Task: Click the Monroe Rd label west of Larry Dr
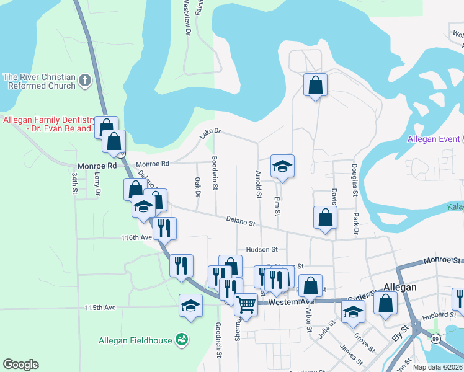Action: tap(97, 166)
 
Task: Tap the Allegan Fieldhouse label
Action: tap(136, 340)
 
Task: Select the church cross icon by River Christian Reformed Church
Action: tap(85, 80)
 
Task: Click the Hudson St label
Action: tap(261, 249)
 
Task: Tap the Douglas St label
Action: tap(354, 179)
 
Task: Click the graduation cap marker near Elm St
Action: tap(282, 166)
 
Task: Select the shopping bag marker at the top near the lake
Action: tap(315, 85)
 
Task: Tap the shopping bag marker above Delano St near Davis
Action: tap(325, 218)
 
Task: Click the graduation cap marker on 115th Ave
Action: tap(190, 305)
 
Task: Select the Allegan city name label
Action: tap(399, 288)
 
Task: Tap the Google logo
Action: tap(20, 365)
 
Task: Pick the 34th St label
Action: tap(74, 185)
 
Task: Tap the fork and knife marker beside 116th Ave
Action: tap(164, 228)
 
